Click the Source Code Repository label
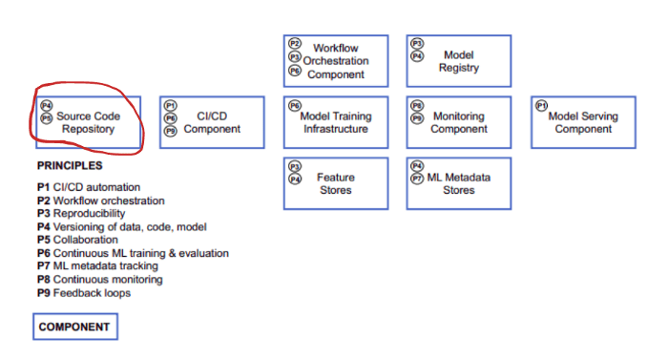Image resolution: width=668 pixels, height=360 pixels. pyautogui.click(x=89, y=122)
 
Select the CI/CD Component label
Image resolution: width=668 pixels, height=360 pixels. pyautogui.click(x=212, y=122)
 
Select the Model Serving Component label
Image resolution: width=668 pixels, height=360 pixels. pyautogui.click(x=583, y=122)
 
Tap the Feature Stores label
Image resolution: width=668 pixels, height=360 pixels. pyautogui.click(x=335, y=183)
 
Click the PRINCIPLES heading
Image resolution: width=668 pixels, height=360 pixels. pyautogui.click(x=69, y=166)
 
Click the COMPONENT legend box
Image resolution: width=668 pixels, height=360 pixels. pyautogui.click(x=74, y=328)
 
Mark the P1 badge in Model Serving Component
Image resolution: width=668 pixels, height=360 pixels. pyautogui.click(x=541, y=105)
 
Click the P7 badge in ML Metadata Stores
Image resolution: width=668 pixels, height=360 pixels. pyautogui.click(x=417, y=178)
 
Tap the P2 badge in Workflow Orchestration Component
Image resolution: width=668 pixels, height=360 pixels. pyautogui.click(x=295, y=44)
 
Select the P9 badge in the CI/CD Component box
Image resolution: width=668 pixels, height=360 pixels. pyautogui.click(x=171, y=131)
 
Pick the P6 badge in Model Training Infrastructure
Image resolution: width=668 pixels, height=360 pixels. pyautogui.click(x=295, y=106)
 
